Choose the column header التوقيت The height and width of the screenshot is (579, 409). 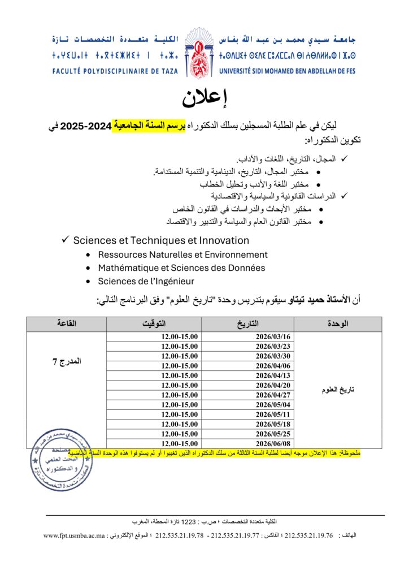pyautogui.click(x=154, y=324)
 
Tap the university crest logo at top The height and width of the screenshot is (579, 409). pyautogui.click(x=204, y=54)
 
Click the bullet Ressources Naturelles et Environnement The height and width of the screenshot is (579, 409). pyautogui.click(x=182, y=255)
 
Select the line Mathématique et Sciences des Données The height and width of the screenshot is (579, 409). pyautogui.click(x=181, y=268)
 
